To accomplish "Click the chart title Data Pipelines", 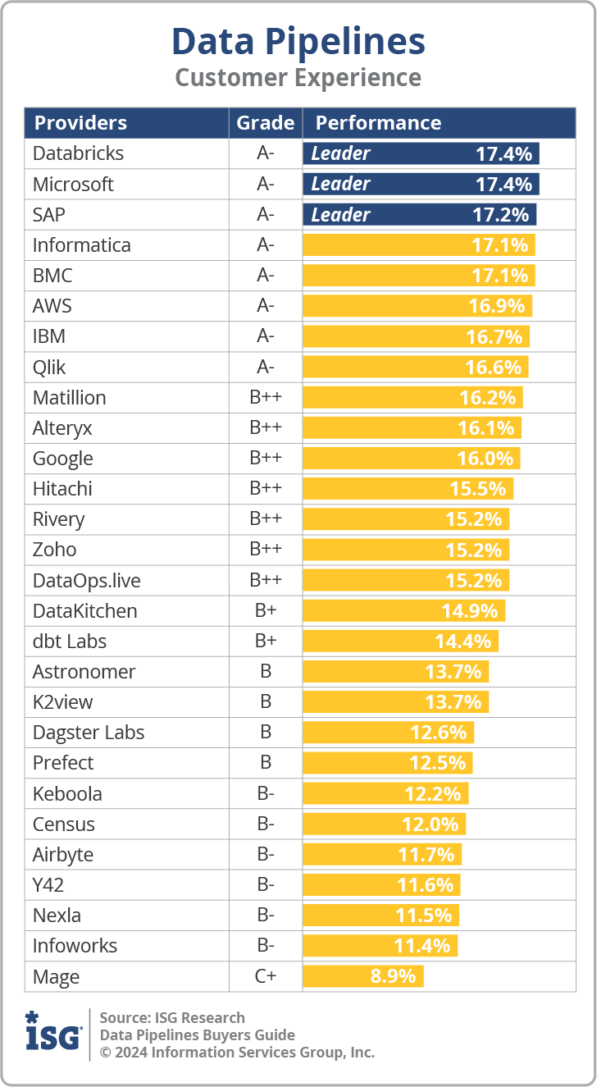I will [298, 41].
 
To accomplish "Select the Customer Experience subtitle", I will [298, 78].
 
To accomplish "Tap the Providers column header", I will [80, 123].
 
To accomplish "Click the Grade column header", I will [265, 123].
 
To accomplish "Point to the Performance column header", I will [378, 123].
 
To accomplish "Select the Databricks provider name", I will [78, 153].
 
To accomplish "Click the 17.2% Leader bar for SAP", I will [420, 215].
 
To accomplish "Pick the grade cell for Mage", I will [265, 976].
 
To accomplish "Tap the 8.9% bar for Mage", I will [363, 976].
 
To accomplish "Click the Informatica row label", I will [81, 245].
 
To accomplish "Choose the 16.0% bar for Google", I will [412, 459].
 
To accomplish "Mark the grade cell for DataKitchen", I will [265, 611].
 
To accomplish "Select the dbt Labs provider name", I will [70, 642].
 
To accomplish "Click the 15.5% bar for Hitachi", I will [408, 489].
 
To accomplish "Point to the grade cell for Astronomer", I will [265, 672].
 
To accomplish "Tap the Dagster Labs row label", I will [89, 733].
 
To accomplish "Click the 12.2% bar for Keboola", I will [385, 793].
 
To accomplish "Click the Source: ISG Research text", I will [172, 1018].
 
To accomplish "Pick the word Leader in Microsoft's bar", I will [340, 184].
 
